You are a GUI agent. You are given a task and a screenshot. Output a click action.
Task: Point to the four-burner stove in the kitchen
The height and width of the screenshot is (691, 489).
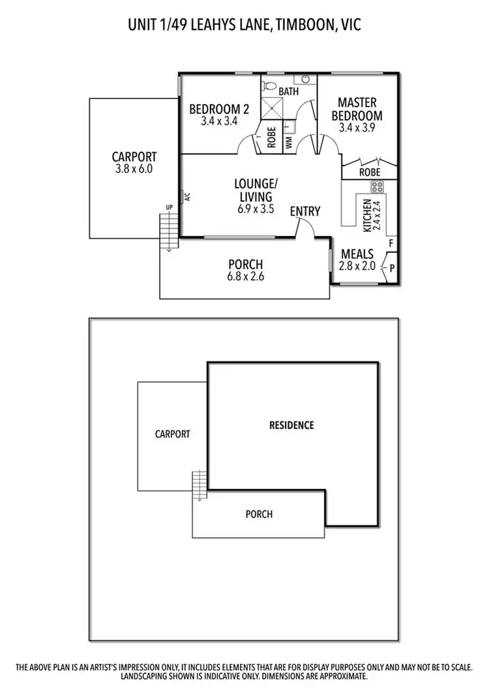(x=378, y=187)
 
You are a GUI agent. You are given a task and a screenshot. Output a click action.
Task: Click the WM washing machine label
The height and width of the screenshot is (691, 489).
(x=289, y=144)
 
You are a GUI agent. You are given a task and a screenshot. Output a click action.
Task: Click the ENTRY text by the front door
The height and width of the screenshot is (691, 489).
(x=305, y=211)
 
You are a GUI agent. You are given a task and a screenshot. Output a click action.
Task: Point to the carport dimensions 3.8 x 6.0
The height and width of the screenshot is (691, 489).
(x=134, y=168)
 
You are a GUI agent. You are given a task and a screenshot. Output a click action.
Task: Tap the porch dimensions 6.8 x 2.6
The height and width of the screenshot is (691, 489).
(x=245, y=276)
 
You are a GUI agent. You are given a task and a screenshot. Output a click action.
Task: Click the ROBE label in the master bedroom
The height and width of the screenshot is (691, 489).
(x=370, y=173)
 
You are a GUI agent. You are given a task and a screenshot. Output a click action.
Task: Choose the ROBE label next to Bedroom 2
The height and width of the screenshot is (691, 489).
(x=272, y=139)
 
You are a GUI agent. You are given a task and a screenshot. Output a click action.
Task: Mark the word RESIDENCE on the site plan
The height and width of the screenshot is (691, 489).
(x=291, y=425)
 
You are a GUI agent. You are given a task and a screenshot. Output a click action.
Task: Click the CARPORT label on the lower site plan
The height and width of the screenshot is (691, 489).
(x=172, y=434)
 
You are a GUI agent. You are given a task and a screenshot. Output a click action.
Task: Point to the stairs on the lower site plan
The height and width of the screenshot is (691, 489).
(x=200, y=485)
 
